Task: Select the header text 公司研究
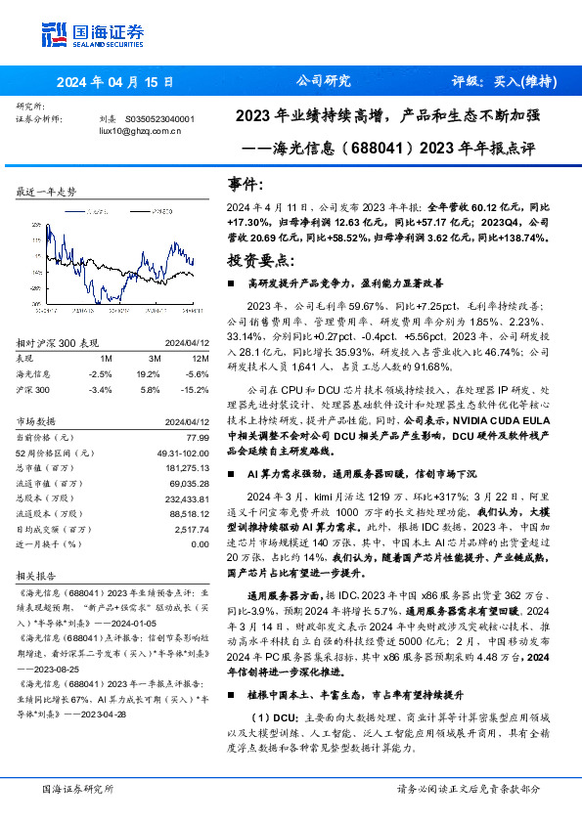coord(322,82)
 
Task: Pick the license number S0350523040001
coord(161,118)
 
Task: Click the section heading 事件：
coord(246,185)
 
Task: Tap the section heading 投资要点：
coord(259,261)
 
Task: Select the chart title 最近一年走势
coord(46,192)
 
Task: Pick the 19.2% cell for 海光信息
coord(148,373)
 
